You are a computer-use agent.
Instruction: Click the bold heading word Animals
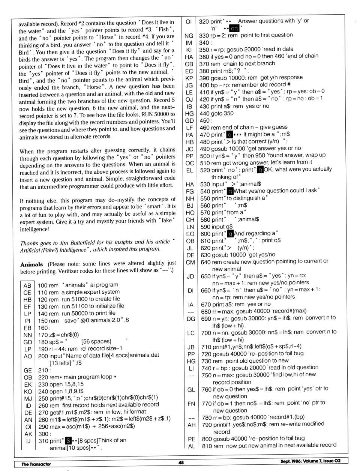tap(31, 264)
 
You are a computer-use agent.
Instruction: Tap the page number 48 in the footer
tap(181, 462)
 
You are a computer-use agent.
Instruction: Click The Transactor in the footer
tap(36, 464)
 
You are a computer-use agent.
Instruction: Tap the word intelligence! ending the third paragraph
tap(34, 229)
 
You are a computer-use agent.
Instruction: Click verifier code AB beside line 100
tap(27, 285)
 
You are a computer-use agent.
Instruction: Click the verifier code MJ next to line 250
tap(28, 399)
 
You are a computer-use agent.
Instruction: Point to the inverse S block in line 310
tap(68, 440)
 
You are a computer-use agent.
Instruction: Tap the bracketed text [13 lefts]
tap(60, 363)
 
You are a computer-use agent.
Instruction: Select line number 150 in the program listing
tap(43, 321)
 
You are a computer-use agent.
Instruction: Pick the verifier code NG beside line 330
tap(189, 36)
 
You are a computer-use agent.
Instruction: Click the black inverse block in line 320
tap(234, 29)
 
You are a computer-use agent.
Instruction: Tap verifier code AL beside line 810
tap(192, 446)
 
